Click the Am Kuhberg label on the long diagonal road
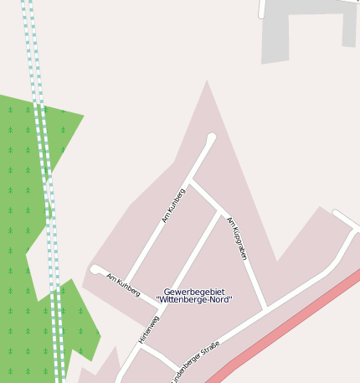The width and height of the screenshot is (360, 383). coord(173,205)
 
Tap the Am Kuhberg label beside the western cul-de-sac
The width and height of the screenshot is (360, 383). coord(123,284)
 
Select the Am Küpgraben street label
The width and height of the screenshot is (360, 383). coord(237,238)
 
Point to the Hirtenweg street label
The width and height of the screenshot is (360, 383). coord(148,329)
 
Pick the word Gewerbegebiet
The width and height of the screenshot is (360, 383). coord(194,292)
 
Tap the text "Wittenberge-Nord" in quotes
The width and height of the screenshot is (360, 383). coord(194,300)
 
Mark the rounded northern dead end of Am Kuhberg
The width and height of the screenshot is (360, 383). coord(211,138)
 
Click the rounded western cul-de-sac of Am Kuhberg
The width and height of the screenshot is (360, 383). coord(95,269)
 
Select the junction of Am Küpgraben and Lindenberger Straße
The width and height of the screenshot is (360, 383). coord(267,308)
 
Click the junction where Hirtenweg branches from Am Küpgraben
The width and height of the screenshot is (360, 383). coord(222,210)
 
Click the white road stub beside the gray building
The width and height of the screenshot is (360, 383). coord(262,8)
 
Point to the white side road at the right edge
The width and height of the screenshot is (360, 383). coord(346,220)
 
